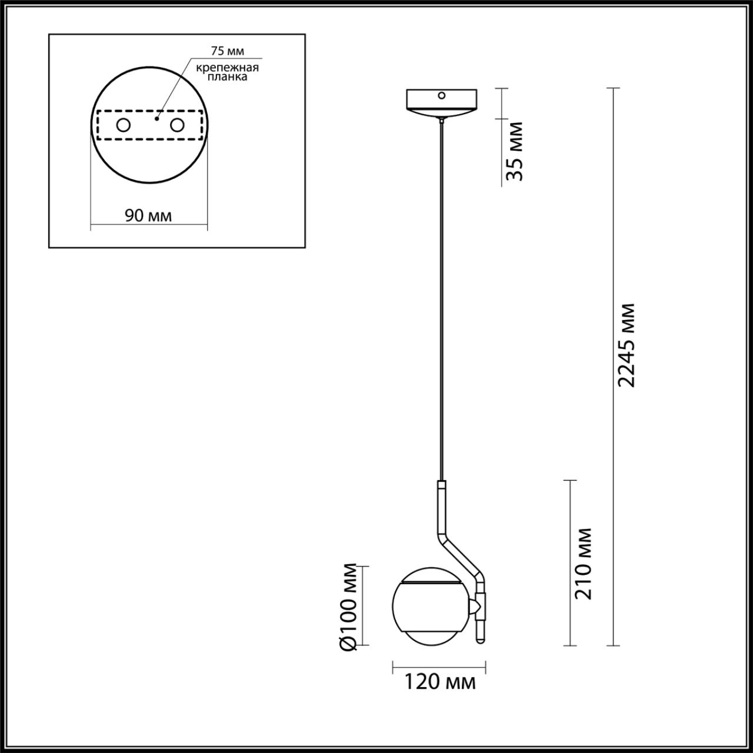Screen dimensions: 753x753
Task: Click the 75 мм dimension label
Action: click(227, 51)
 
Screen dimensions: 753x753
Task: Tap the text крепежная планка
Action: click(227, 72)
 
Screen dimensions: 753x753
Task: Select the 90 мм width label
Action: click(148, 216)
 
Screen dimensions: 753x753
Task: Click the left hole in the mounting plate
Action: click(124, 125)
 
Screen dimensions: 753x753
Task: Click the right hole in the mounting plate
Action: click(176, 125)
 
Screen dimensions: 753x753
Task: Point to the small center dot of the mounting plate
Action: click(156, 118)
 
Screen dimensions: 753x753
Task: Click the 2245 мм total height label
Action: click(627, 345)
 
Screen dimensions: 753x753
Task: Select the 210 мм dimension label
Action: click(584, 564)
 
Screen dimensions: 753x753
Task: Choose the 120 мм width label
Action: click(439, 682)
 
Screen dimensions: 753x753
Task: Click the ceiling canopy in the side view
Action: click(441, 102)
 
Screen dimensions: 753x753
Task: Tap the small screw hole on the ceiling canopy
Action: click(441, 95)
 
